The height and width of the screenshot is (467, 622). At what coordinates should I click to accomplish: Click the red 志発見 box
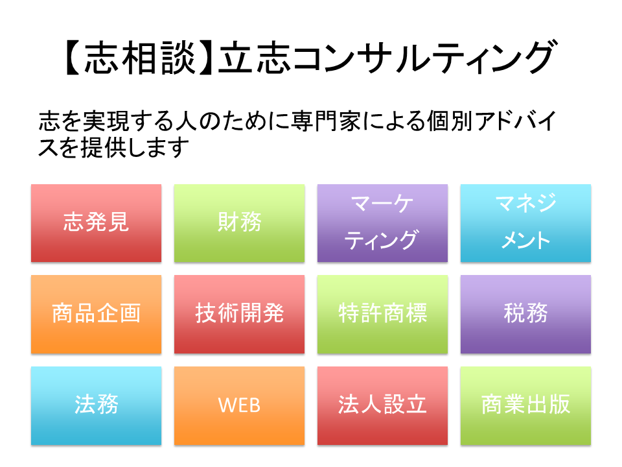pyautogui.click(x=97, y=223)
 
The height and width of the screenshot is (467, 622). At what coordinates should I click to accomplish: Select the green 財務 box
pyautogui.click(x=239, y=223)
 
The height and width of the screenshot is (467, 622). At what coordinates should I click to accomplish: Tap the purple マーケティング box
pyautogui.click(x=382, y=223)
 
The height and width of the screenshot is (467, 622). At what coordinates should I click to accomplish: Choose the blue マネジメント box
pyautogui.click(x=525, y=223)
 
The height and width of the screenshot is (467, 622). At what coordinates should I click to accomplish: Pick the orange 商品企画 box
pyautogui.click(x=97, y=314)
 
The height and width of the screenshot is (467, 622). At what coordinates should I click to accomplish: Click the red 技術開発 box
pyautogui.click(x=239, y=314)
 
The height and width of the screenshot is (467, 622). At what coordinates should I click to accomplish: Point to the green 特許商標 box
pyautogui.click(x=382, y=314)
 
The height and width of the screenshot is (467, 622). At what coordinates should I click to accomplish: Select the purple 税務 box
pyautogui.click(x=525, y=314)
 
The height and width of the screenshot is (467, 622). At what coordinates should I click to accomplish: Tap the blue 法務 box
pyautogui.click(x=97, y=405)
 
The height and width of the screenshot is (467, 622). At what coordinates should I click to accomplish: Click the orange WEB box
pyautogui.click(x=239, y=405)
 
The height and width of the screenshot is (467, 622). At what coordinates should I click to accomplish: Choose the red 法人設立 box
pyautogui.click(x=382, y=405)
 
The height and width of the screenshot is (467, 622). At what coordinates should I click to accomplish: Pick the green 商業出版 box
pyautogui.click(x=525, y=405)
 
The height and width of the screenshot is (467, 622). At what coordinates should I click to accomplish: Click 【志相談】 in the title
pyautogui.click(x=140, y=58)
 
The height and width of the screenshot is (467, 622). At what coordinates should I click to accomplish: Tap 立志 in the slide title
pyautogui.click(x=255, y=58)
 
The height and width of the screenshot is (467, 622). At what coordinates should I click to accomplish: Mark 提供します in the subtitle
pyautogui.click(x=135, y=147)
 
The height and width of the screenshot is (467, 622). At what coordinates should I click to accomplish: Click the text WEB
pyautogui.click(x=239, y=405)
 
